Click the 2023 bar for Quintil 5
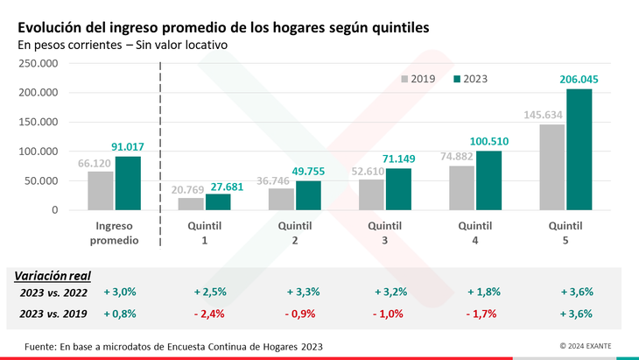pyautogui.click(x=579, y=150)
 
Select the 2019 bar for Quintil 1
pyautogui.click(x=190, y=204)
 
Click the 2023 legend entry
pyautogui.click(x=470, y=79)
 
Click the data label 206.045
pyautogui.click(x=579, y=80)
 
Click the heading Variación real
pyautogui.click(x=53, y=275)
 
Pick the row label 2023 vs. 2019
pyautogui.click(x=53, y=313)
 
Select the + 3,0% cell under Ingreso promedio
pyautogui.click(x=119, y=293)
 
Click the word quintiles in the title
pyautogui.click(x=396, y=28)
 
